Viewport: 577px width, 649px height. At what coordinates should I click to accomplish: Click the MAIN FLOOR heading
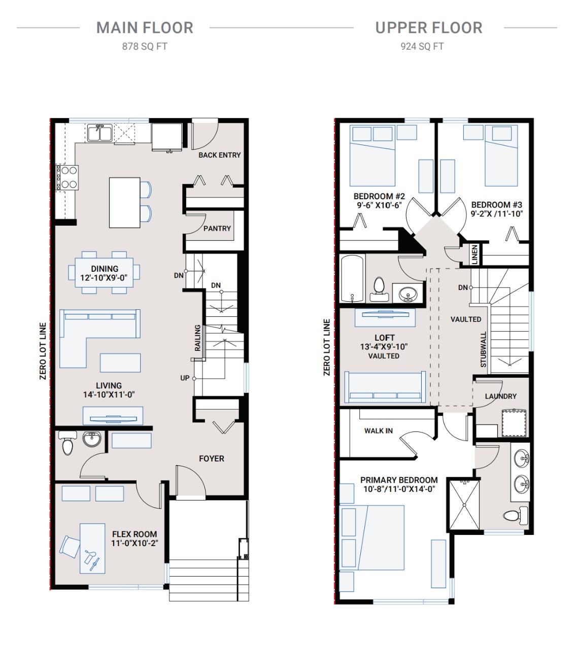pyautogui.click(x=145, y=27)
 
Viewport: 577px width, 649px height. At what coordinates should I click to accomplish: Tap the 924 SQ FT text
pyautogui.click(x=422, y=47)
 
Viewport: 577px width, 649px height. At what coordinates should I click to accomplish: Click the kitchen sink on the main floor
pyautogui.click(x=100, y=133)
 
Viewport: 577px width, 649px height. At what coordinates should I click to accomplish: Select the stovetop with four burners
pyautogui.click(x=67, y=177)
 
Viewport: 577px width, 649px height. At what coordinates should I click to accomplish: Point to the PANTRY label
pyautogui.click(x=217, y=228)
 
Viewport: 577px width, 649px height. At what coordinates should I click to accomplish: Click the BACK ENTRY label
pyautogui.click(x=219, y=155)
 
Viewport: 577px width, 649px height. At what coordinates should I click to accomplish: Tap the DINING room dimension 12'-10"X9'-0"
pyautogui.click(x=104, y=277)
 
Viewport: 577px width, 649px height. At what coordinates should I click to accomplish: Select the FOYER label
pyautogui.click(x=211, y=458)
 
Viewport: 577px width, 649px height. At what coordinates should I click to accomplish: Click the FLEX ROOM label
pyautogui.click(x=134, y=534)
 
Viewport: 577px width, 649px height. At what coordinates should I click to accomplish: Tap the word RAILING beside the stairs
pyautogui.click(x=197, y=338)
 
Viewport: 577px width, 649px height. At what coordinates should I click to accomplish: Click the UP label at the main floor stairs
pyautogui.click(x=185, y=378)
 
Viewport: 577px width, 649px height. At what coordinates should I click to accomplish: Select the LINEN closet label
pyautogui.click(x=474, y=255)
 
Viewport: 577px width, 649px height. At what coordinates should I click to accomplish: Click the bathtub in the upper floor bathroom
pyautogui.click(x=352, y=278)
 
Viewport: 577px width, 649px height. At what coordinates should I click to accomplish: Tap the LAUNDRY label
pyautogui.click(x=501, y=396)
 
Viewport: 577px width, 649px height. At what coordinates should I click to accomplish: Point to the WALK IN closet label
pyautogui.click(x=379, y=430)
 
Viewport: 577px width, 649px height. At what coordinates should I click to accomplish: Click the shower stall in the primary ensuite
pyautogui.click(x=464, y=505)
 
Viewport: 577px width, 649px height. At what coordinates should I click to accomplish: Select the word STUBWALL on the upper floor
pyautogui.click(x=483, y=349)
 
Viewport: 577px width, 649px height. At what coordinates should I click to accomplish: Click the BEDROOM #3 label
pyautogui.click(x=496, y=205)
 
